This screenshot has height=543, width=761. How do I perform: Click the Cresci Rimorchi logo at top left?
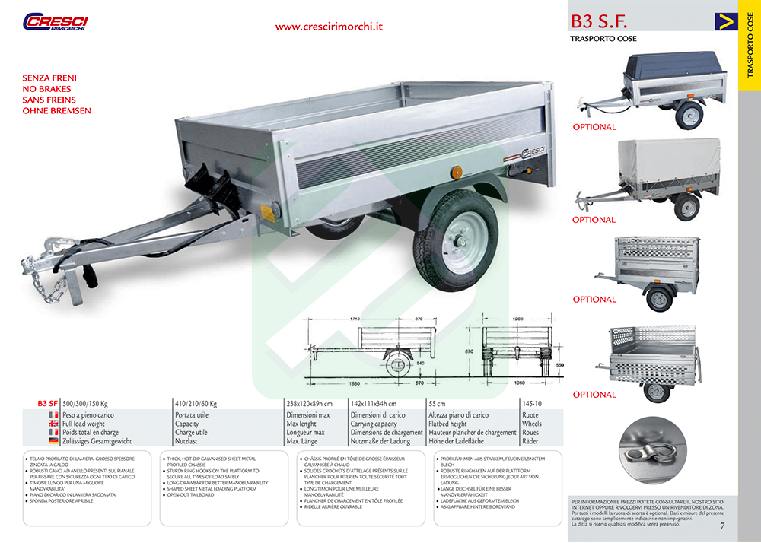(x=56, y=23)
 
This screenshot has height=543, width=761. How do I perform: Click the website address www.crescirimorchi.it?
(x=328, y=26)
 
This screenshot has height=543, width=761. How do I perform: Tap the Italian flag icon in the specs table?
(x=53, y=415)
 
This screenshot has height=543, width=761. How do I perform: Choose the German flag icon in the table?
(x=53, y=441)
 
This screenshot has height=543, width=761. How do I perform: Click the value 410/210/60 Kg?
(x=196, y=403)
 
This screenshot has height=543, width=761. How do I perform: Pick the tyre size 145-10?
(x=532, y=403)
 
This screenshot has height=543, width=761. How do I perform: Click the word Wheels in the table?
(x=532, y=424)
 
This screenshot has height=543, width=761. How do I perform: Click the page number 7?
(x=722, y=525)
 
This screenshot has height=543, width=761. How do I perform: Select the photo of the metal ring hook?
(x=652, y=457)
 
